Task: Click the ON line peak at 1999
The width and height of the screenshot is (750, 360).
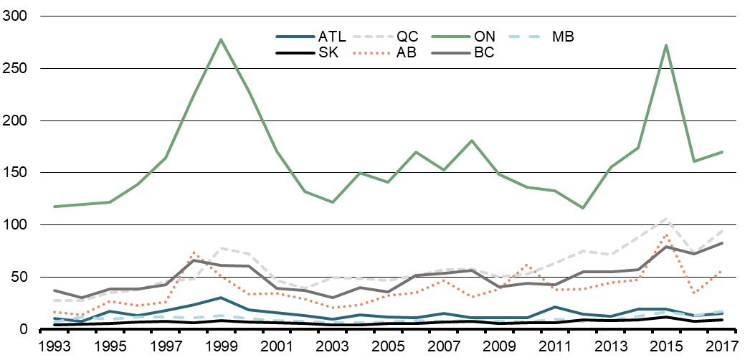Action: [x=221, y=39]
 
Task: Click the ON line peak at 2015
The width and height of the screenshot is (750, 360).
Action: [x=667, y=45]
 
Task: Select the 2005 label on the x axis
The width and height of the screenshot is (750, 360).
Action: [x=389, y=347]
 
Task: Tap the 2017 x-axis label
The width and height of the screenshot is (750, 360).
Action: [x=722, y=347]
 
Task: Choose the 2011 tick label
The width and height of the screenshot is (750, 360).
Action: [x=556, y=347]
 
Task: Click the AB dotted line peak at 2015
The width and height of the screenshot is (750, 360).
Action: [x=667, y=235]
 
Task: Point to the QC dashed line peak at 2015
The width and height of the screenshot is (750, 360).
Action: [x=667, y=219]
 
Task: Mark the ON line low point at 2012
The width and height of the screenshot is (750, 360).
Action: [x=584, y=208]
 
